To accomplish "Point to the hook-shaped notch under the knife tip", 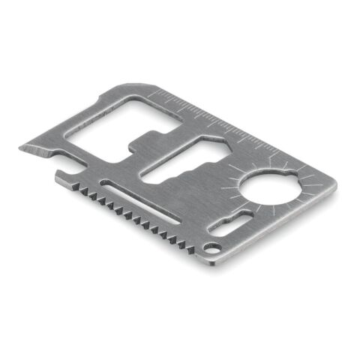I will pyautogui.click(x=62, y=175).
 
